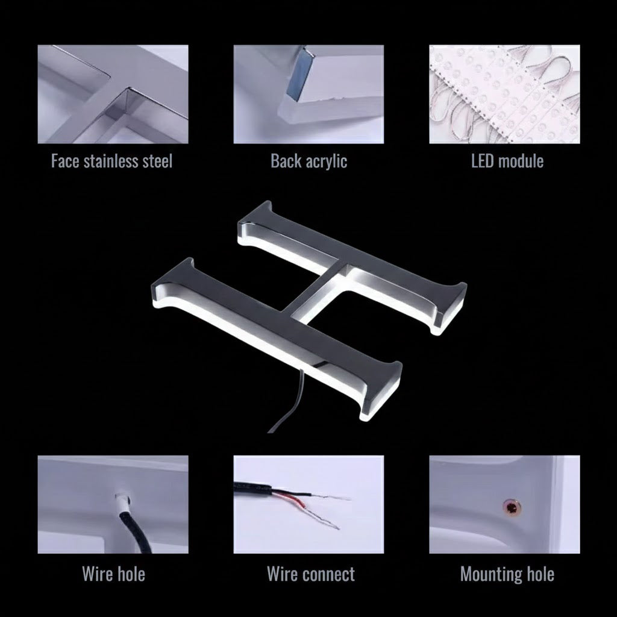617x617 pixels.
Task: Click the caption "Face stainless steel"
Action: (x=111, y=161)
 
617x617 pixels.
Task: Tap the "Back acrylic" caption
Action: (x=309, y=161)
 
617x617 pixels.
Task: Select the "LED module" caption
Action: (x=507, y=161)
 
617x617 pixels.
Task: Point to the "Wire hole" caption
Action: (x=113, y=574)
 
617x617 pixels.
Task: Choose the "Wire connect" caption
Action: (x=311, y=574)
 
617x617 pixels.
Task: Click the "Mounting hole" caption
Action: (x=507, y=574)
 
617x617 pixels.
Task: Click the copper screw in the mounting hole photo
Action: (x=512, y=507)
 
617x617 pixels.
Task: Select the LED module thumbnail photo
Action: (x=504, y=94)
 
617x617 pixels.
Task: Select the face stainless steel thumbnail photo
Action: (x=113, y=94)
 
